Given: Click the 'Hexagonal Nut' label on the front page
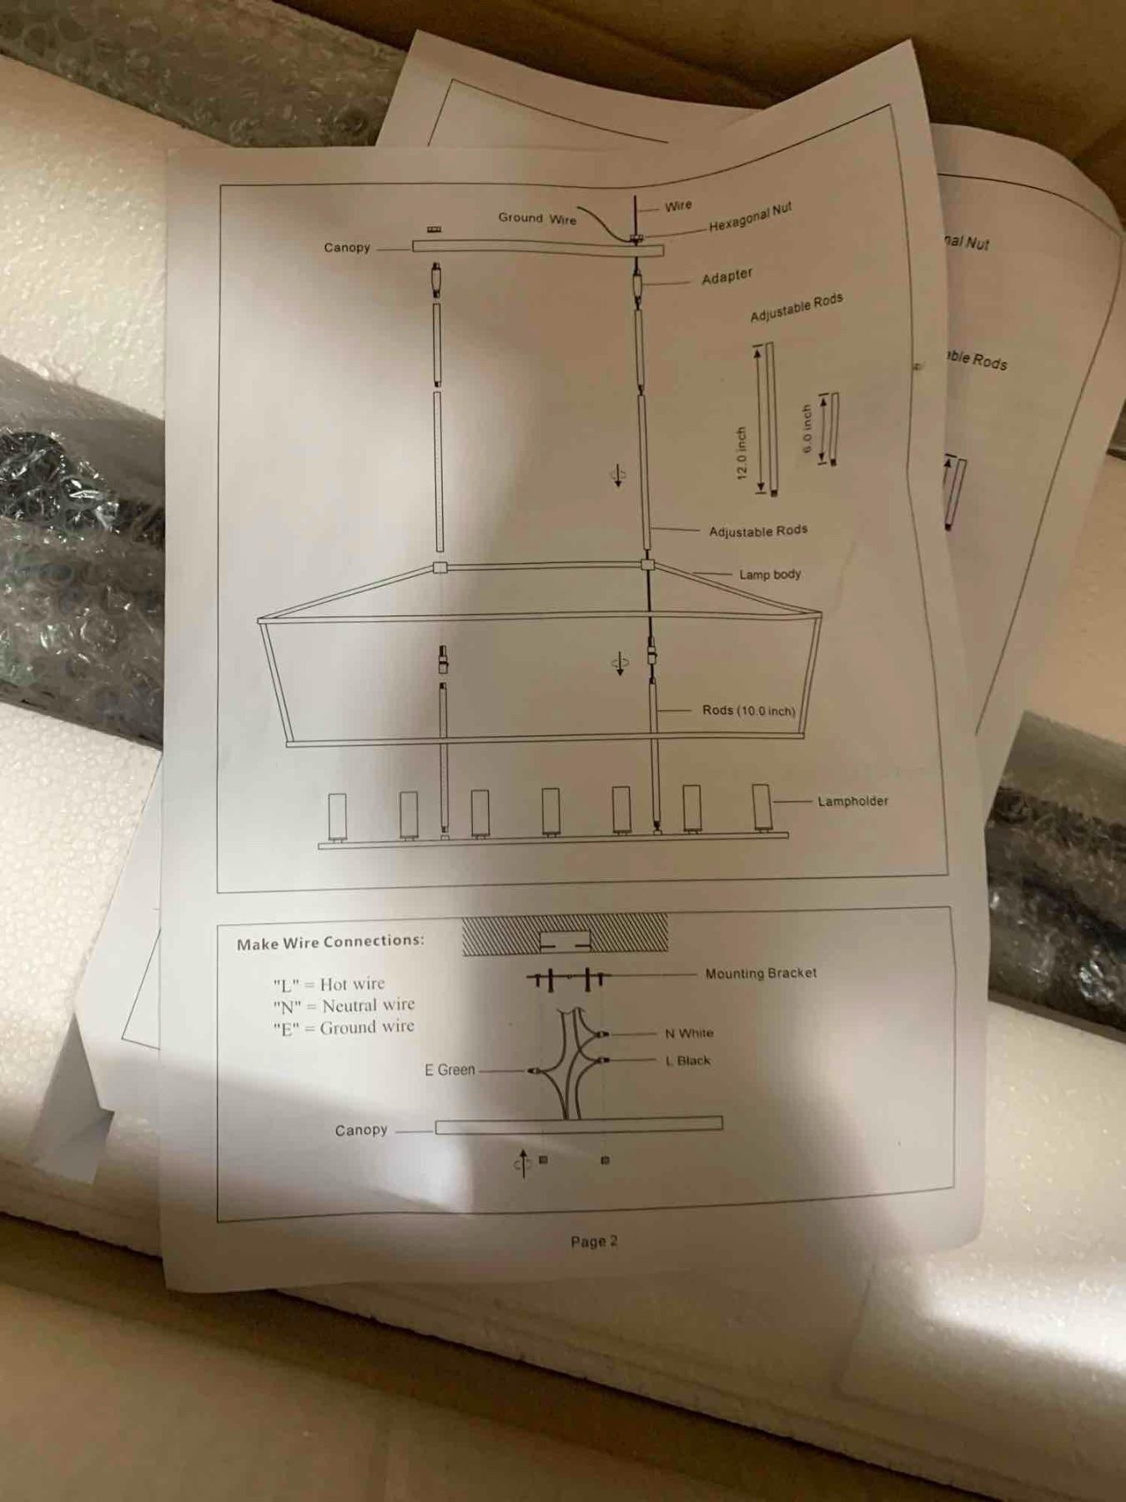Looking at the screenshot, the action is tap(750, 217).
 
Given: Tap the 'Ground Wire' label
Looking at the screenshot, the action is tap(537, 218).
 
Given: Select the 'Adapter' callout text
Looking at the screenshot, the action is tap(727, 276).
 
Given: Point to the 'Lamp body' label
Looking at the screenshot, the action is tap(770, 574).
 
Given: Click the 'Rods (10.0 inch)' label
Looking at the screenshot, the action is tap(749, 711).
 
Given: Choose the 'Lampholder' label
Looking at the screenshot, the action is tap(852, 801).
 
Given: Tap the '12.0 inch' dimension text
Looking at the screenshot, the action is tap(741, 453).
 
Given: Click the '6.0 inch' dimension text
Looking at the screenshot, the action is tap(807, 429).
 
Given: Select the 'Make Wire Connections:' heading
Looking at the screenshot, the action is tap(330, 942).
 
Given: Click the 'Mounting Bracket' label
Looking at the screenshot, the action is tap(761, 973).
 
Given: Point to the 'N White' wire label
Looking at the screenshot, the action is tap(689, 1033).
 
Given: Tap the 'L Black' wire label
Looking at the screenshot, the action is tap(688, 1061).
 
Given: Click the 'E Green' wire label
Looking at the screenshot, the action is tap(450, 1070).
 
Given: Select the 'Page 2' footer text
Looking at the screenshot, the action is tap(594, 1242).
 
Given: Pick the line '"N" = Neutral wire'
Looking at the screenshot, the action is tap(344, 1006).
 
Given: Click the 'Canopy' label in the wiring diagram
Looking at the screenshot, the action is tap(361, 1131).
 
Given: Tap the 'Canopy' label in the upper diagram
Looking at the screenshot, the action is tap(347, 247).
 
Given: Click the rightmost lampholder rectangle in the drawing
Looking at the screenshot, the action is tap(761, 807).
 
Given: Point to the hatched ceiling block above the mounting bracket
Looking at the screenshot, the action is tap(565, 935).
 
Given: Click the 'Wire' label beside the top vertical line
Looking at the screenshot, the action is tap(678, 205).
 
